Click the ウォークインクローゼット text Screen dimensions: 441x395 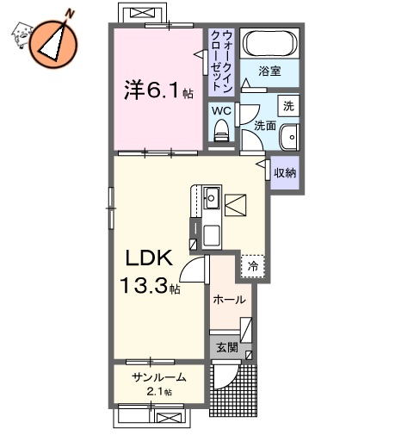point(220,62)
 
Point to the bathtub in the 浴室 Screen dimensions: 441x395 point(268,42)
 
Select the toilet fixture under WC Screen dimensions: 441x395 point(220,131)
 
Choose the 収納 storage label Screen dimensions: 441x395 point(285,173)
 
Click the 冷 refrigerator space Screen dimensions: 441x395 point(253,266)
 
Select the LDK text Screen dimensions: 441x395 point(152,258)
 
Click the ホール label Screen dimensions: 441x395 point(230,300)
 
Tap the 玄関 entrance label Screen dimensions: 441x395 point(227,348)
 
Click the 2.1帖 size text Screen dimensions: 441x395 point(157,392)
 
